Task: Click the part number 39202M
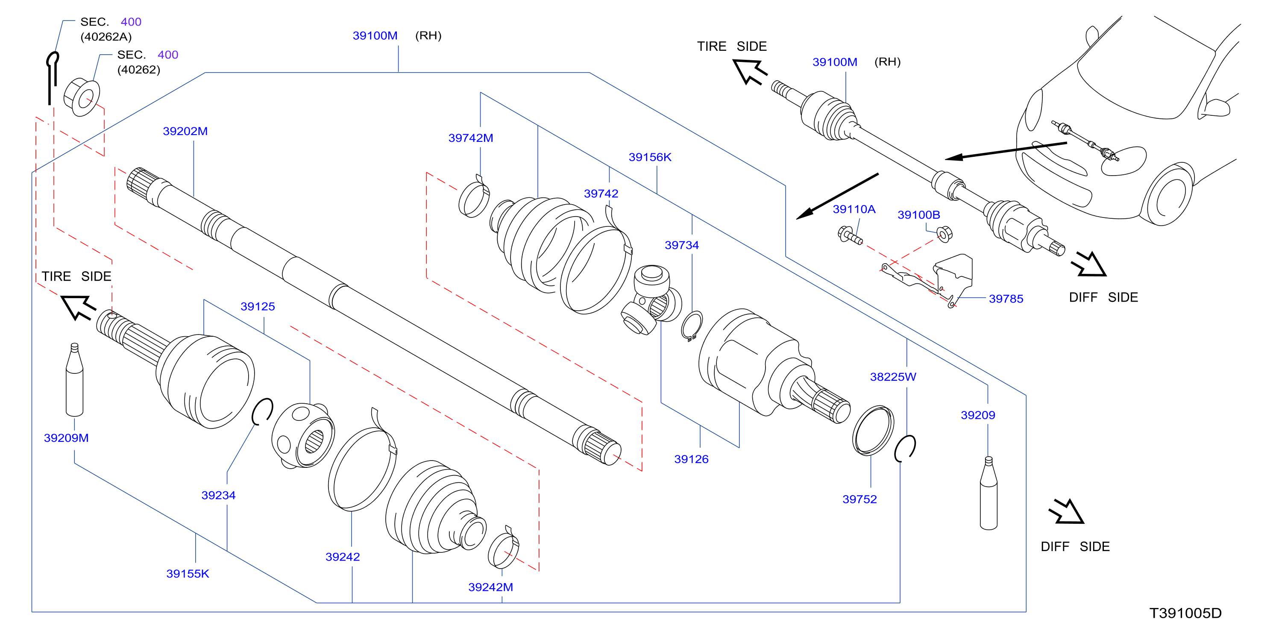(185, 132)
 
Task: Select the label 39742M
(470, 138)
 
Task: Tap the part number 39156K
(650, 157)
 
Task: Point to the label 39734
(681, 245)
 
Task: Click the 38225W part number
(893, 377)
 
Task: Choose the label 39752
(859, 499)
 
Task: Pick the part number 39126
(691, 460)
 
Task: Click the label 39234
(218, 496)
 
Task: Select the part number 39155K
(188, 574)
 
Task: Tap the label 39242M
(491, 587)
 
